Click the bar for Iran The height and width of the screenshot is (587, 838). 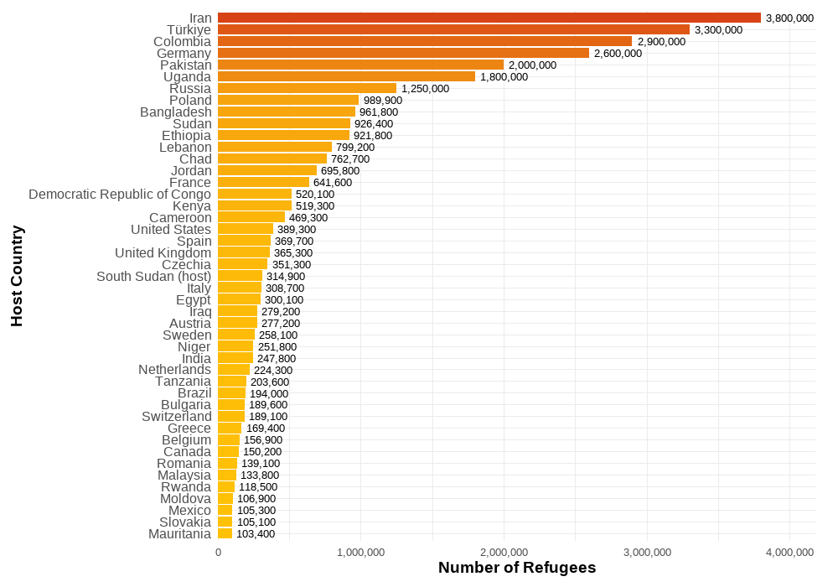pos(489,18)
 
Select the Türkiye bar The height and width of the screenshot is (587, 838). pos(453,29)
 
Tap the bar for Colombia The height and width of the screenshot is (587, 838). pos(425,41)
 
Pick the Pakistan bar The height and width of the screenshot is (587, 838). pos(360,65)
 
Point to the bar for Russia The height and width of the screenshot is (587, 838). pos(307,88)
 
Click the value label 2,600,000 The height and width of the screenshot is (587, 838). pos(618,53)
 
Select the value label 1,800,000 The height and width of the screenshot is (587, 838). pos(504,76)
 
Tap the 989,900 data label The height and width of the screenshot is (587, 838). pos(382,100)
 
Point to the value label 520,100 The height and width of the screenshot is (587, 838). pos(315,194)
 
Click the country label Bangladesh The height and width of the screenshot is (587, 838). pos(176,112)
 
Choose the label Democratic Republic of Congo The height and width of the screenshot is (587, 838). pos(120,194)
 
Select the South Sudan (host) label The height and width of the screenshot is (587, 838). pos(154,276)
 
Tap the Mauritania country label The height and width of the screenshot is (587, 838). pos(179,533)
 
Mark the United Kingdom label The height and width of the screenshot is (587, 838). pos(163,252)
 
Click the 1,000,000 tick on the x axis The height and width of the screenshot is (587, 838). pos(361,552)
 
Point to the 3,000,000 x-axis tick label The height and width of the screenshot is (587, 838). pos(647,552)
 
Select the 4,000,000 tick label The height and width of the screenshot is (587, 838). pos(789,552)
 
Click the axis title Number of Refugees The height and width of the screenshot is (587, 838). pos(517,568)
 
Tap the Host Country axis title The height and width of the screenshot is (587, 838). pos(17,276)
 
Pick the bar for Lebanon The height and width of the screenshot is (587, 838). pos(275,147)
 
